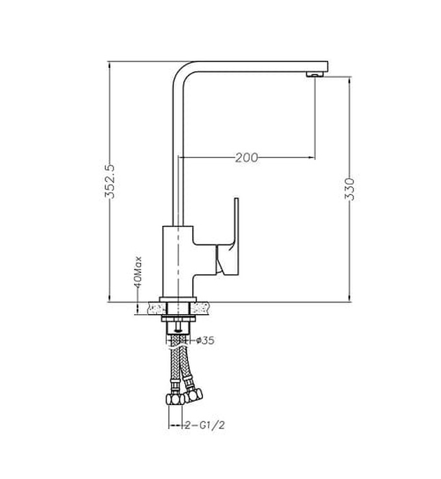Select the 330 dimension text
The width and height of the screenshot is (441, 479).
click(x=350, y=188)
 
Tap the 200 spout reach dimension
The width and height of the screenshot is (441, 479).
click(x=246, y=157)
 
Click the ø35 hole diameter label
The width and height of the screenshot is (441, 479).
click(x=206, y=340)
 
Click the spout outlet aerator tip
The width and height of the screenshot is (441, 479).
click(x=315, y=73)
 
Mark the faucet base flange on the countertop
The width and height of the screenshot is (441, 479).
click(x=178, y=299)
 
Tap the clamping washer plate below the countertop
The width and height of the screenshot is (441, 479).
click(x=178, y=319)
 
